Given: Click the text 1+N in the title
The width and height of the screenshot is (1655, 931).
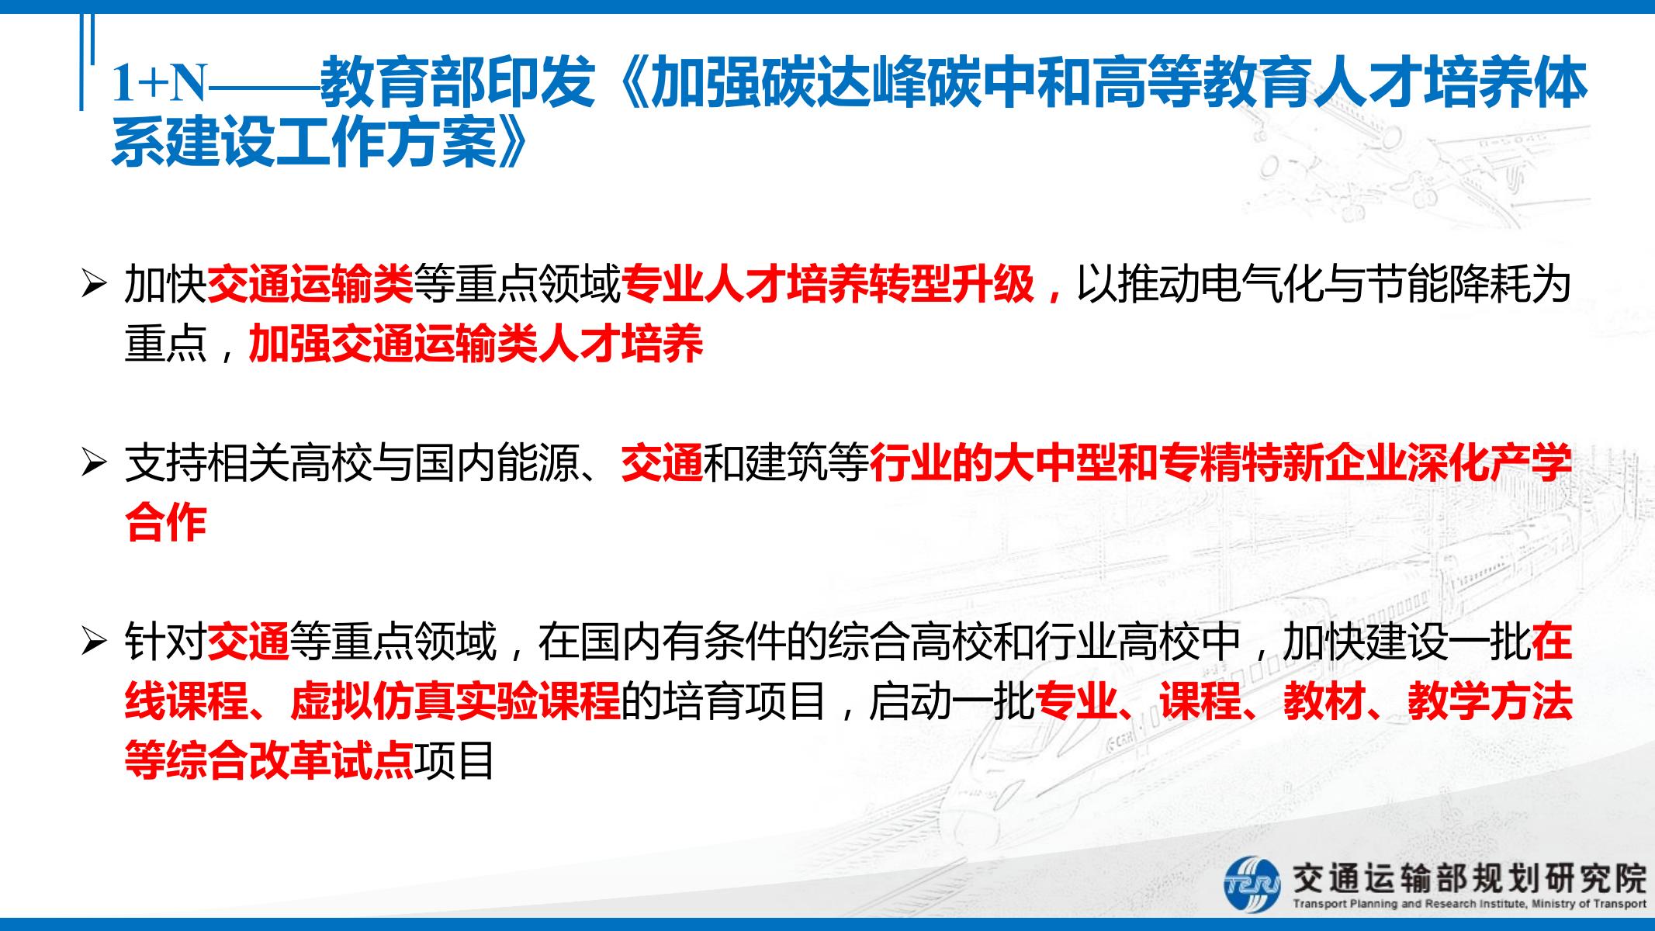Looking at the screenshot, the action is pos(160,83).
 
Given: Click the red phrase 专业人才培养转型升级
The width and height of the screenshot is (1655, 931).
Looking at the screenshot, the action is pos(828,285).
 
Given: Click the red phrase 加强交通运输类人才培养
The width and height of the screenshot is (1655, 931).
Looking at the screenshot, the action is pos(476,344).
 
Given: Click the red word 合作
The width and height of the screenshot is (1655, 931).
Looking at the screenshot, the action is pos(165,523).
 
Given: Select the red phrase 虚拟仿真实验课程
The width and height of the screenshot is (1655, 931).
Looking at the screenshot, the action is pos(455,701).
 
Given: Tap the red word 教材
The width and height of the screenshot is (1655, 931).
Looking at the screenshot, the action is pos(1324,701).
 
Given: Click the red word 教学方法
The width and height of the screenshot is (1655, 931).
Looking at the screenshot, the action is pos(1490,701).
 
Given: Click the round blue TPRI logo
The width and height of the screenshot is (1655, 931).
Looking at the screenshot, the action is pos(1252,884).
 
